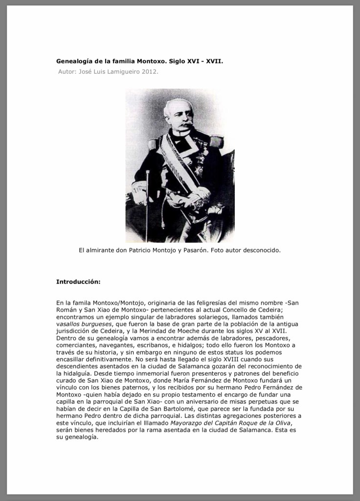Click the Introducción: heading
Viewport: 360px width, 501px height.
[x=78, y=282]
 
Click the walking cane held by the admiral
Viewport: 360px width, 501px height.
[x=147, y=196]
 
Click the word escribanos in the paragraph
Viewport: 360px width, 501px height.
[x=152, y=345]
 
